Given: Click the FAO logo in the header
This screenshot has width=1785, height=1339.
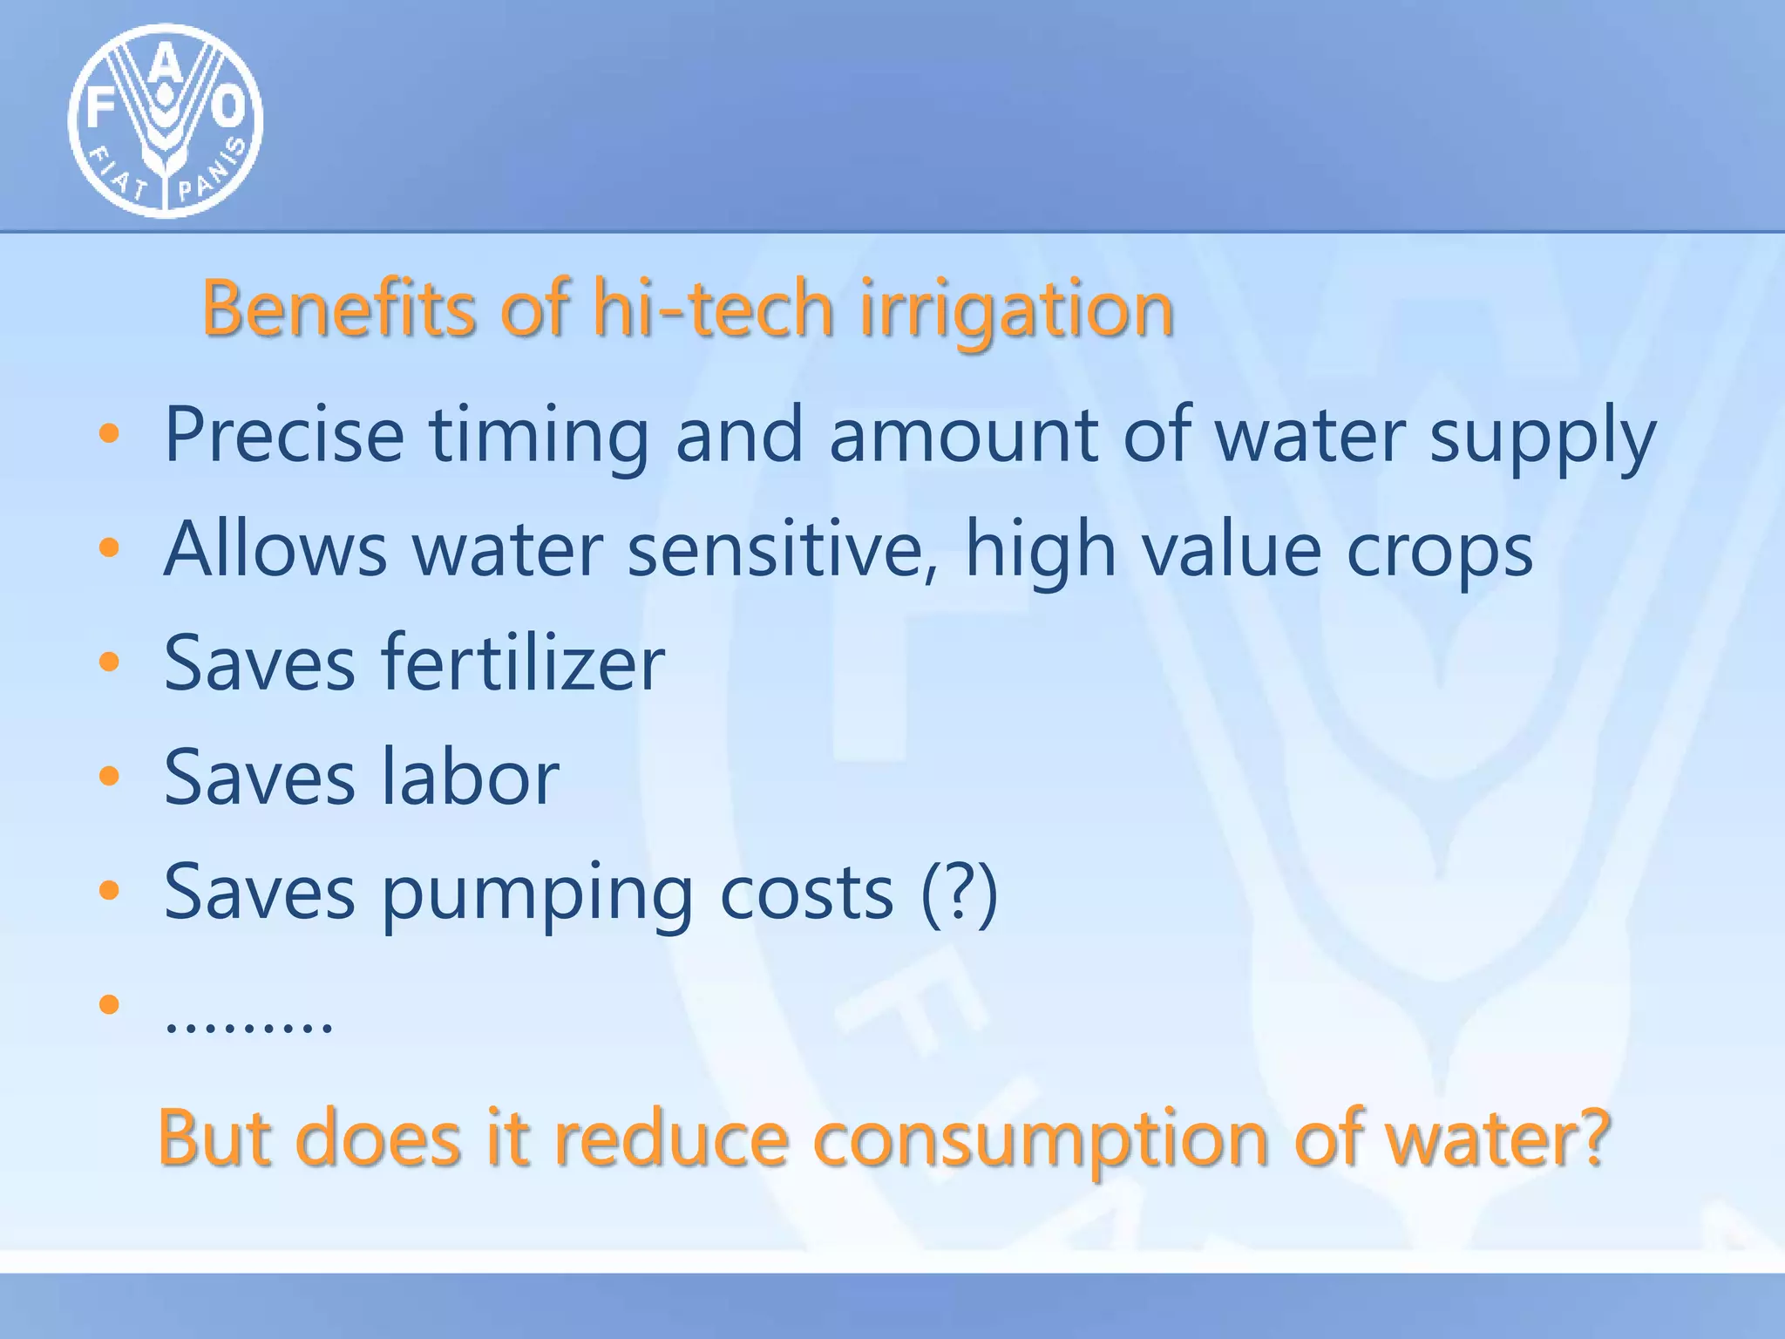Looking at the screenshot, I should point(166,121).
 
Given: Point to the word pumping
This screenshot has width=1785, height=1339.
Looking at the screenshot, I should point(537,894).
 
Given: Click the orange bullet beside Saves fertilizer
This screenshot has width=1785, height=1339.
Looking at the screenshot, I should point(109,663).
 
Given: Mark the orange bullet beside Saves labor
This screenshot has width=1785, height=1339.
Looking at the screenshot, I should point(109,776).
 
